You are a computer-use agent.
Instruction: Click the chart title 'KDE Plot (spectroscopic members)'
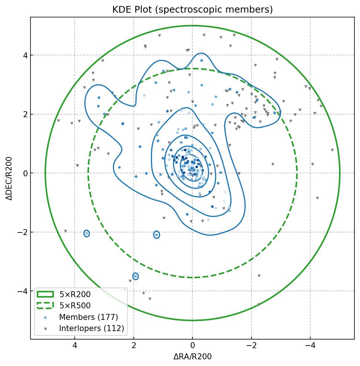point(192,10)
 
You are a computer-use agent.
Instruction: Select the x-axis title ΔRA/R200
point(192,357)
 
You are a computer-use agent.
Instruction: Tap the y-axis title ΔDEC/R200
point(9,179)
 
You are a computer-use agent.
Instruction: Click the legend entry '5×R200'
point(75,295)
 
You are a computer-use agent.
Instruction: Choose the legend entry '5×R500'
point(75,306)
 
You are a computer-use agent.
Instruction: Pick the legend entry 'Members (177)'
point(88,317)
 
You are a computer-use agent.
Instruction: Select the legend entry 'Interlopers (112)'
point(91,328)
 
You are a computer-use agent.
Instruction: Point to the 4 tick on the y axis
point(24,55)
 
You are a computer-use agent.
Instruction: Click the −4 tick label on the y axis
point(22,291)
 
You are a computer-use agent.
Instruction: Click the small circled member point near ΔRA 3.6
point(87,234)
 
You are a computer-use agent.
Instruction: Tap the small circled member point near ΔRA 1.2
point(156,234)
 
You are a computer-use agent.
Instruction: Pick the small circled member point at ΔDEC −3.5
point(136,276)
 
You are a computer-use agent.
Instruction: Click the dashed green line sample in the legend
point(45,306)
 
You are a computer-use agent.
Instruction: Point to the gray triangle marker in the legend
point(45,329)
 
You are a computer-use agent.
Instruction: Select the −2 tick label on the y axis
point(22,232)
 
